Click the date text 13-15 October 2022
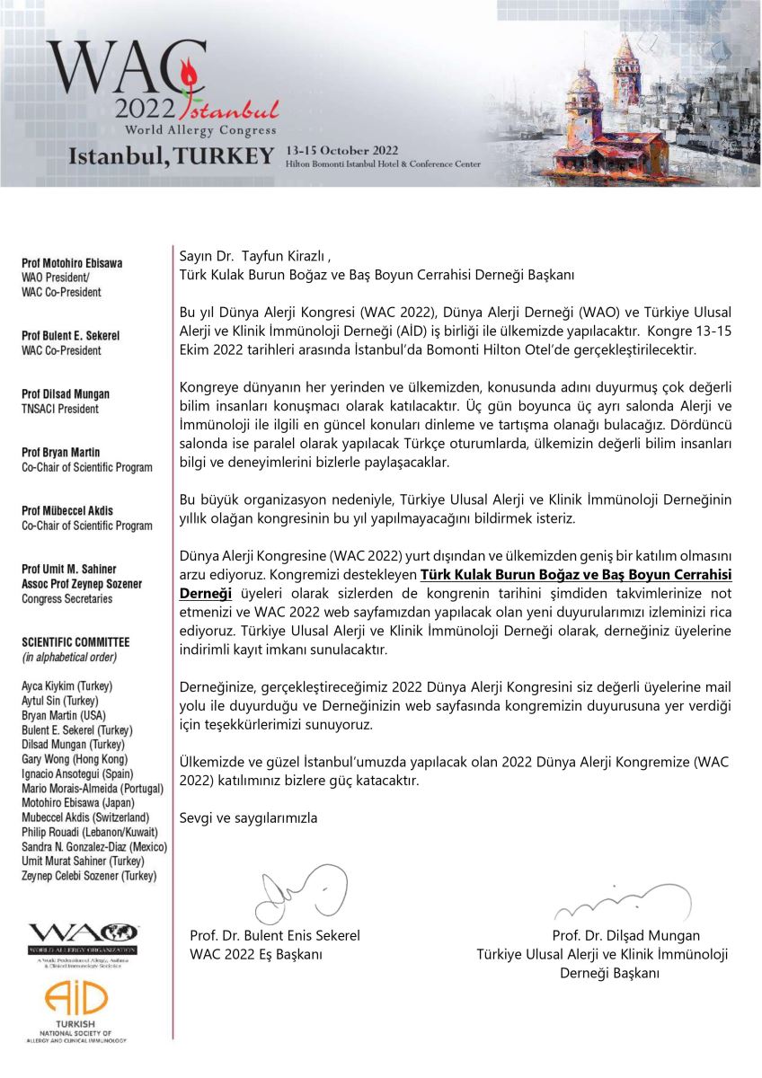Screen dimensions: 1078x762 pyautogui.click(x=337, y=150)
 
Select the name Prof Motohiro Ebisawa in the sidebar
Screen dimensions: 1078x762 pyautogui.click(x=72, y=263)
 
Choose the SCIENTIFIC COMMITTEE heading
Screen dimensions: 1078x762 pyautogui.click(x=75, y=642)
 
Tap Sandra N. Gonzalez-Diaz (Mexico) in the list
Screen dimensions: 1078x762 pyautogui.click(x=94, y=847)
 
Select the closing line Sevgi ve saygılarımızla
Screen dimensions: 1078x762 pyautogui.click(x=249, y=818)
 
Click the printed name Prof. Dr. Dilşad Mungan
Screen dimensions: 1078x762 pyautogui.click(x=626, y=935)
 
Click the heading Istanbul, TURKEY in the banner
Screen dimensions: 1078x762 pyautogui.click(x=171, y=156)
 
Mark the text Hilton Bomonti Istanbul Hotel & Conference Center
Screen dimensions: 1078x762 pyautogui.click(x=382, y=164)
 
